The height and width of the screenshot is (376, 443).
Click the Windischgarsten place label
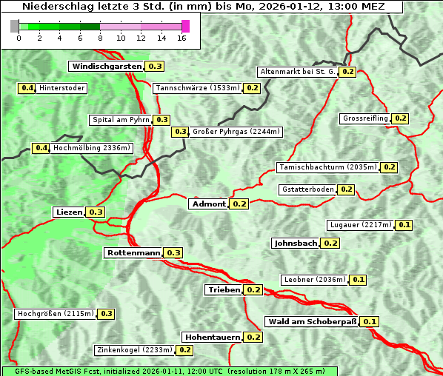point(107,67)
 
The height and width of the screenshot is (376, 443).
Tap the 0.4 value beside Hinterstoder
point(27,88)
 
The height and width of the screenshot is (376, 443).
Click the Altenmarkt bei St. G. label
point(297,72)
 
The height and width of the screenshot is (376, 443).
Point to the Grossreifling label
point(365,118)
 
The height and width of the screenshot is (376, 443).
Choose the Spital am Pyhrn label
point(120,120)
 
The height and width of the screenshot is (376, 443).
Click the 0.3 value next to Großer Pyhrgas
point(180,132)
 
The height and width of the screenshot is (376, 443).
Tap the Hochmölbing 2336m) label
point(92,148)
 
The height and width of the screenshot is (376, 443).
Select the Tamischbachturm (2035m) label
point(327,167)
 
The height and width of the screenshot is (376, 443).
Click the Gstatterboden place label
point(307,189)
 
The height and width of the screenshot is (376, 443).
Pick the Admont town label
point(208,204)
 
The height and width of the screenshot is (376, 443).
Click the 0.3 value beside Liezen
point(96,212)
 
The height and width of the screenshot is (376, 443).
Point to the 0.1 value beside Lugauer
point(404,225)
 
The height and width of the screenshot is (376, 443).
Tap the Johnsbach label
point(296,243)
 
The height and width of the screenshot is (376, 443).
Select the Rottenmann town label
point(133,253)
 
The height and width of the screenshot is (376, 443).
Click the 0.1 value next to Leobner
point(359,280)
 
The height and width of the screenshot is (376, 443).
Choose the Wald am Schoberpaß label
point(311,321)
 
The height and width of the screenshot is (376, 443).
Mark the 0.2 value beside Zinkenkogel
point(185,350)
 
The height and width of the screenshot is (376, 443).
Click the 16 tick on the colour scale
point(182,38)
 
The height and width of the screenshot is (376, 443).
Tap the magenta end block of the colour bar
point(185,26)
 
